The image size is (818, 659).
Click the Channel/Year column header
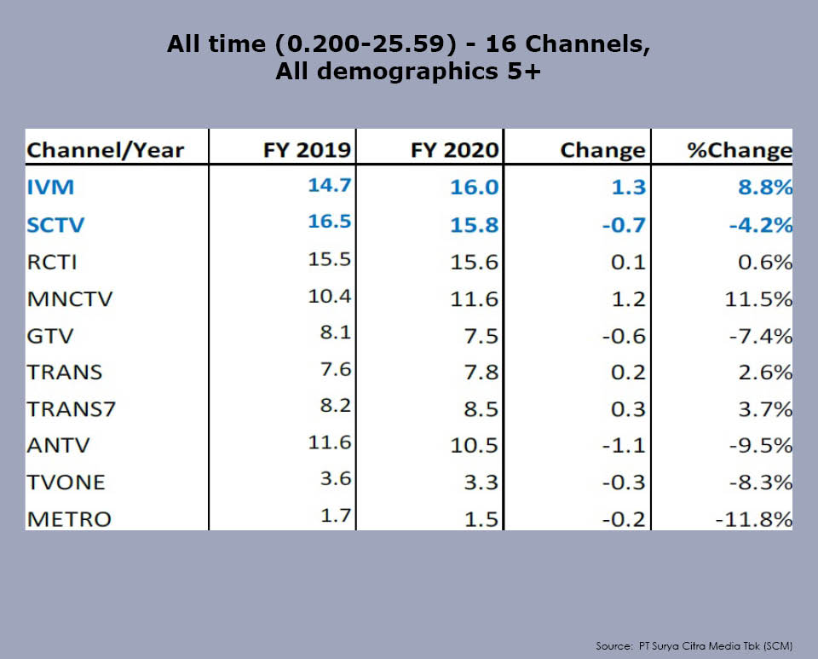(106, 150)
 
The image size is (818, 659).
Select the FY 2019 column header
(307, 150)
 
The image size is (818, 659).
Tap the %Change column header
(740, 150)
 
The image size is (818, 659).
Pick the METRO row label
(68, 518)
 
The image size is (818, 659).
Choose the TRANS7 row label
(71, 408)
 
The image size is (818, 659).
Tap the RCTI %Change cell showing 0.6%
(765, 262)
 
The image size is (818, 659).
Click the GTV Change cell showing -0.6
(622, 335)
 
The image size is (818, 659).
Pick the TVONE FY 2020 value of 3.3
(481, 482)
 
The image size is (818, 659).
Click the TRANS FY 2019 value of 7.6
(335, 369)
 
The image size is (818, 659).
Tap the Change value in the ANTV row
(622, 445)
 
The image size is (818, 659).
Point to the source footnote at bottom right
(694, 646)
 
